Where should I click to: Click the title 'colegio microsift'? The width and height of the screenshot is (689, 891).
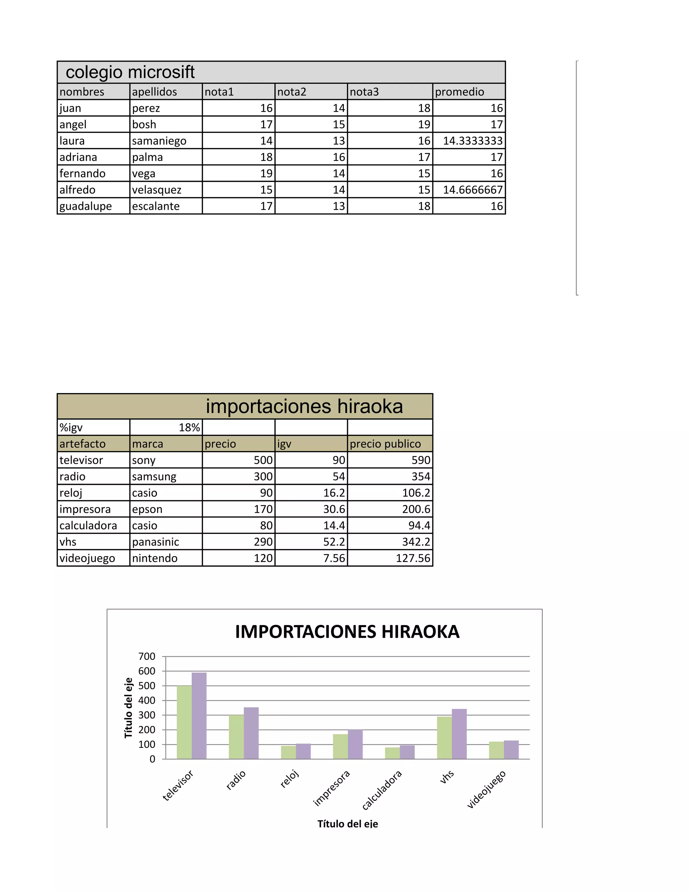[130, 72]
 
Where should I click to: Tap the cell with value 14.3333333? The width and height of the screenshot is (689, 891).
[473, 141]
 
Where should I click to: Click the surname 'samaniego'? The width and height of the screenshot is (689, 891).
[159, 141]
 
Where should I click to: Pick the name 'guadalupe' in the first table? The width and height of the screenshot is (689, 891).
[85, 206]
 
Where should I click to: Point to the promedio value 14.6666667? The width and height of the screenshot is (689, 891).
[473, 190]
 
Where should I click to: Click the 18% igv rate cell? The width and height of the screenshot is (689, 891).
[189, 428]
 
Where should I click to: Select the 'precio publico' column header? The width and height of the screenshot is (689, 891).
[385, 444]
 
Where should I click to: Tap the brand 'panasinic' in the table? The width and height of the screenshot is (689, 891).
[155, 542]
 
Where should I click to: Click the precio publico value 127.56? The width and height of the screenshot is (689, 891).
[413, 558]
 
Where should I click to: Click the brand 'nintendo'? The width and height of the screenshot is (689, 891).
[155, 558]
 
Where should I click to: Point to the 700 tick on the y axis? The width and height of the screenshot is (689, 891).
[147, 656]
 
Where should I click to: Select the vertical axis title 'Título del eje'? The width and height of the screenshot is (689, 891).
[129, 708]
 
